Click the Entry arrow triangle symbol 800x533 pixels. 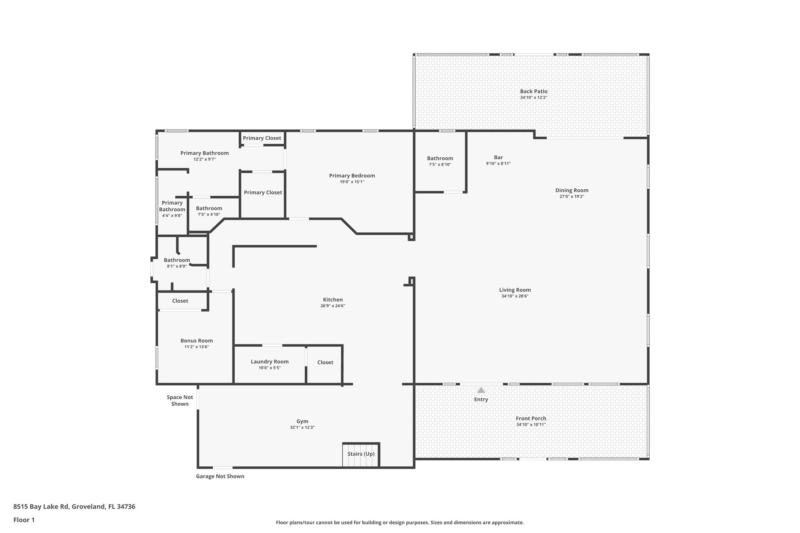pyautogui.click(x=481, y=390)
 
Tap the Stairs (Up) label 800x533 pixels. pyautogui.click(x=361, y=454)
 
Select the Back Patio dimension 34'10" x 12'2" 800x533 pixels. pyautogui.click(x=533, y=98)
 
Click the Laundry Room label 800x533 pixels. pyautogui.click(x=270, y=362)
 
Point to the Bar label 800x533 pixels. pyautogui.click(x=498, y=158)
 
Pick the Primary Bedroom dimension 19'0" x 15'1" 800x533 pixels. pyautogui.click(x=352, y=182)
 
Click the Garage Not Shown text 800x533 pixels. pyautogui.click(x=220, y=476)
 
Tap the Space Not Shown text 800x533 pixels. pyautogui.click(x=180, y=401)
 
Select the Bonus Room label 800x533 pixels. pyautogui.click(x=196, y=340)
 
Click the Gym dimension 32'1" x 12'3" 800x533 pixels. pyautogui.click(x=302, y=428)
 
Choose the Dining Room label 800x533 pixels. pyautogui.click(x=571, y=191)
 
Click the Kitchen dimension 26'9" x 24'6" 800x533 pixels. pyautogui.click(x=332, y=306)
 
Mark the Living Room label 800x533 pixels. pyautogui.click(x=515, y=290)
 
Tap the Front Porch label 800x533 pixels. pyautogui.click(x=531, y=418)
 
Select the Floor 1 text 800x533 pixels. pyautogui.click(x=24, y=520)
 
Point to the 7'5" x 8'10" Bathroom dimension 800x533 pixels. pyautogui.click(x=440, y=164)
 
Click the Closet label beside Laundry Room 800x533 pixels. pyautogui.click(x=325, y=362)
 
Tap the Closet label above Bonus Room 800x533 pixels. pyautogui.click(x=180, y=301)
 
